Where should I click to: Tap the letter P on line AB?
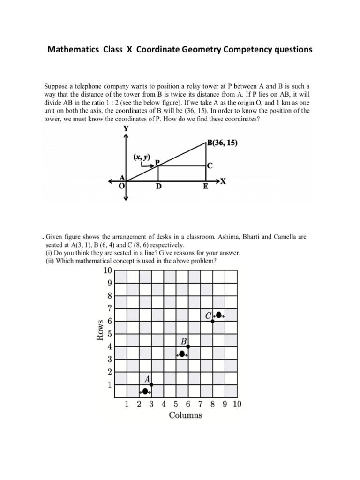[x=158, y=162]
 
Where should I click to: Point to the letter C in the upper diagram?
[x=210, y=165]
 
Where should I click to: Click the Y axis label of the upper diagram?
[x=126, y=127]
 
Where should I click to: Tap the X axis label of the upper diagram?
[x=223, y=182]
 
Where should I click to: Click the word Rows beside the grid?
[x=100, y=331]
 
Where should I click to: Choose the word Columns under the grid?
[x=185, y=415]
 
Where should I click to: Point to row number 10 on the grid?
[x=107, y=270]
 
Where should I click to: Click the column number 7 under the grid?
[x=200, y=404]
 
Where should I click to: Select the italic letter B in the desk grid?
[x=184, y=342]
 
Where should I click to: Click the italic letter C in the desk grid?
[x=209, y=316]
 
